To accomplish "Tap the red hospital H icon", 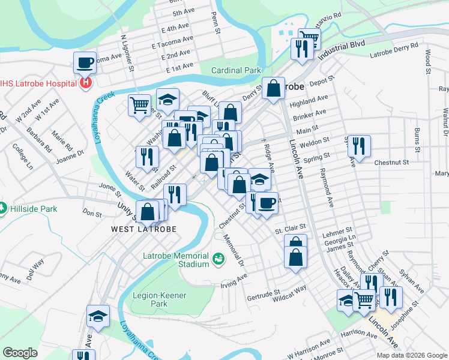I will [x=85, y=82].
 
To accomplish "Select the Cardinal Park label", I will [x=236, y=70].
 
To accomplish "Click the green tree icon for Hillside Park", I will [x=3, y=208].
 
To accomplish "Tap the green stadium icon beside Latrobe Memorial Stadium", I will [x=218, y=259].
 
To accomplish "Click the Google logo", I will [x=20, y=353].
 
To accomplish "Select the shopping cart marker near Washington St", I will [x=139, y=105].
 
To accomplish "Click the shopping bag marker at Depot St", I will [x=273, y=88].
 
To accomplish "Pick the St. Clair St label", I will [x=291, y=228].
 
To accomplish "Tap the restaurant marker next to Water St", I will [x=147, y=157].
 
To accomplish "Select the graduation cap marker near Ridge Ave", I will [x=259, y=179].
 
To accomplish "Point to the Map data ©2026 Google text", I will [x=411, y=355].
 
